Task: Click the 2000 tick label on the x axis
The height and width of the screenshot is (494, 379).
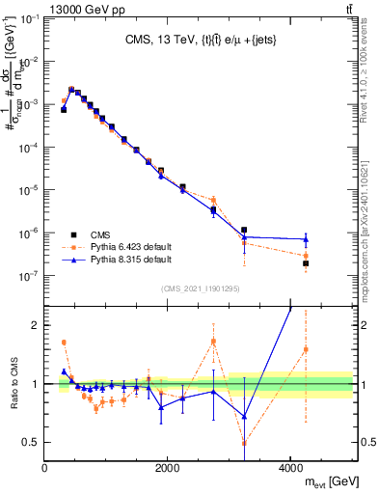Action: pyautogui.click(x=168, y=467)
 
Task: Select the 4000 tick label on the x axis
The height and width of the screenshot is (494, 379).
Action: pyautogui.click(x=290, y=467)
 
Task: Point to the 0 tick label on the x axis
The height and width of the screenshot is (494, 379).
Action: pyautogui.click(x=45, y=467)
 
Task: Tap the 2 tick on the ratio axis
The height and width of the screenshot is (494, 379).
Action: pyautogui.click(x=36, y=325)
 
